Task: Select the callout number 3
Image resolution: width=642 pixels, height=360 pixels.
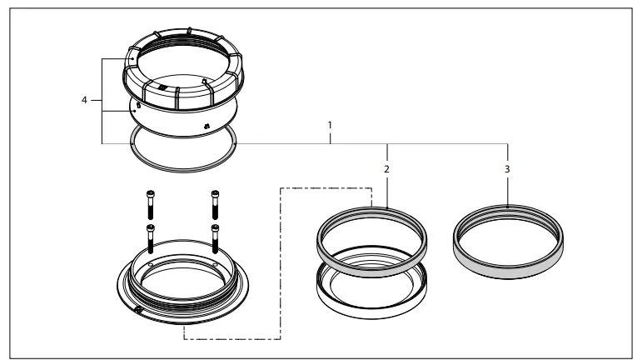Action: pyautogui.click(x=507, y=167)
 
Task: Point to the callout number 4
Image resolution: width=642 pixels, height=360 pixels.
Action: pyautogui.click(x=84, y=101)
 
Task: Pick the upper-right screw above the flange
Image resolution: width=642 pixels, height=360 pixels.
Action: pyautogui.click(x=215, y=200)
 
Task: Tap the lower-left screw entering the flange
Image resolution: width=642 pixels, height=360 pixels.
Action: pyautogui.click(x=151, y=238)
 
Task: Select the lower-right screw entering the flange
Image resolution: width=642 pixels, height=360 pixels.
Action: pyautogui.click(x=215, y=238)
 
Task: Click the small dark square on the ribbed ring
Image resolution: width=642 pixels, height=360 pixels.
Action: pyautogui.click(x=163, y=86)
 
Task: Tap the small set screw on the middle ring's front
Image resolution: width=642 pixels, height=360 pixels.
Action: pyautogui.click(x=206, y=126)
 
